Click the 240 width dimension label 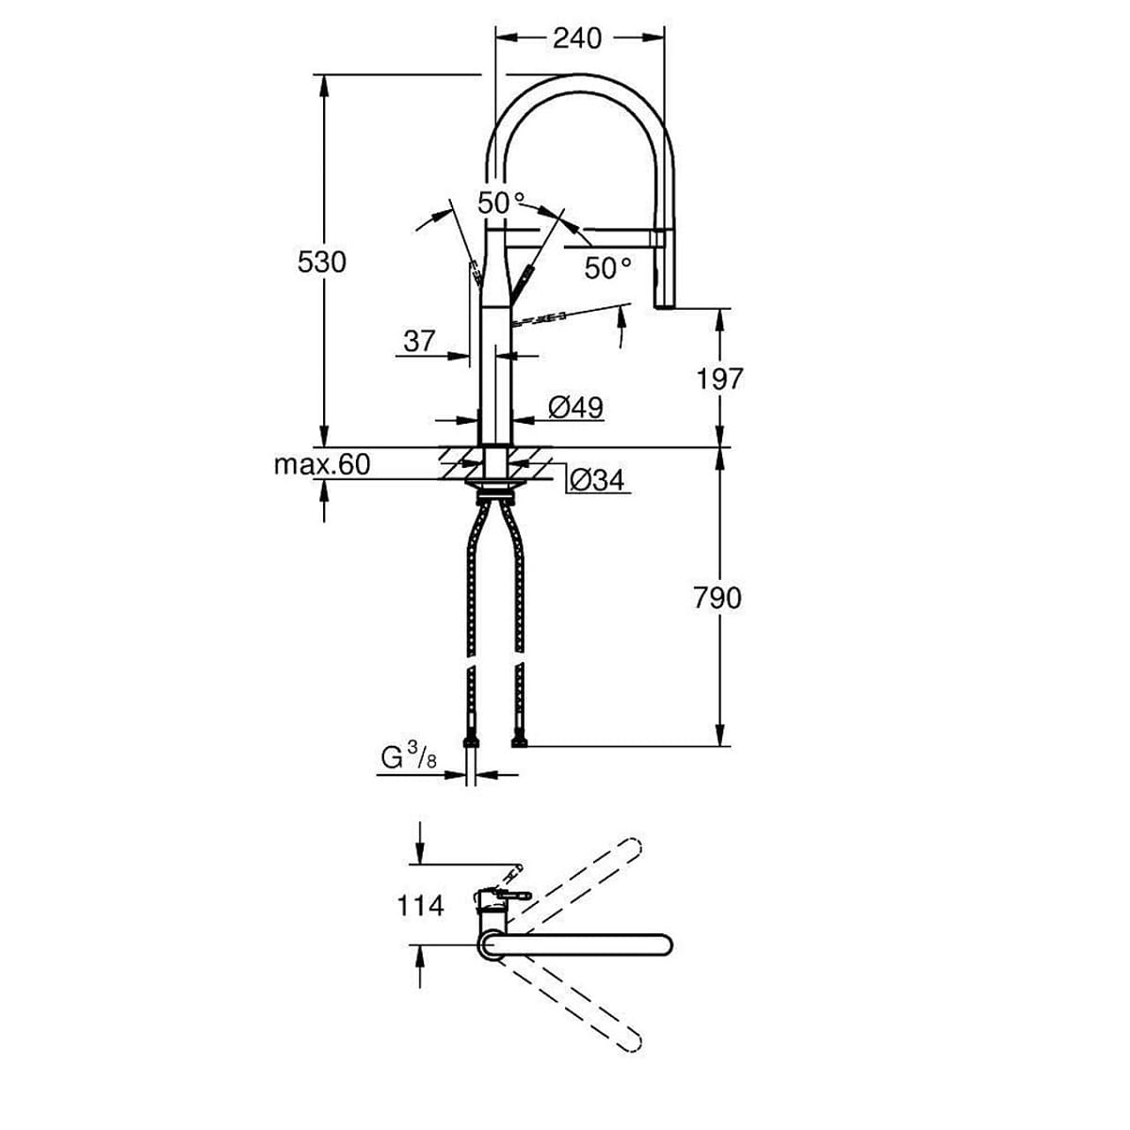576,38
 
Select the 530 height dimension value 322,262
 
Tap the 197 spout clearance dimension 719,379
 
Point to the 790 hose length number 718,598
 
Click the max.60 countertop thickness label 322,464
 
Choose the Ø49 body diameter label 574,407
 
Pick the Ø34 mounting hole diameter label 597,480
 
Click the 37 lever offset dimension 419,341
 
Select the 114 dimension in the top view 420,906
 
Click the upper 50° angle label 501,202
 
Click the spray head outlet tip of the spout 666,300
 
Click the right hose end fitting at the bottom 518,743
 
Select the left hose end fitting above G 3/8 471,743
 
